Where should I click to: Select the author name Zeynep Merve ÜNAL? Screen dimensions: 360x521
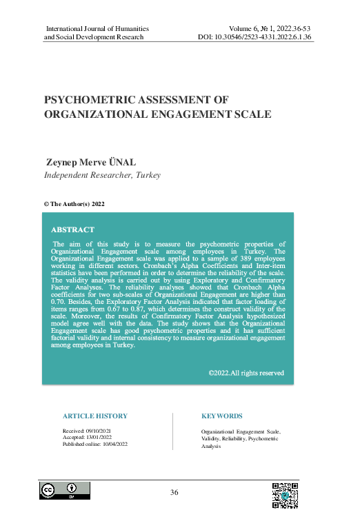coord(90,162)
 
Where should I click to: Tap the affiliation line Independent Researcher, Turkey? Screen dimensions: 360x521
coord(102,175)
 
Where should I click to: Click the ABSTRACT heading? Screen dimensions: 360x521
coord(73,229)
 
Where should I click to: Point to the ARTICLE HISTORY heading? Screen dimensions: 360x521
coord(94,416)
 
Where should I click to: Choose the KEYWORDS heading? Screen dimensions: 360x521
coord(221,416)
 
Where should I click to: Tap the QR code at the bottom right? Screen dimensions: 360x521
coord(284,495)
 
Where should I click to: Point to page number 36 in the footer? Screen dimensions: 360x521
coord(174,492)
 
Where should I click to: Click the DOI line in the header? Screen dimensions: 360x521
coord(256,37)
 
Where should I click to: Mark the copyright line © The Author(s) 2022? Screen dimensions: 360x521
coord(74,204)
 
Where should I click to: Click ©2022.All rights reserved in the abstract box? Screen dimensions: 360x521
coord(246,373)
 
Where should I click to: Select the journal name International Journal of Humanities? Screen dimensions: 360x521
coord(97,28)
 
